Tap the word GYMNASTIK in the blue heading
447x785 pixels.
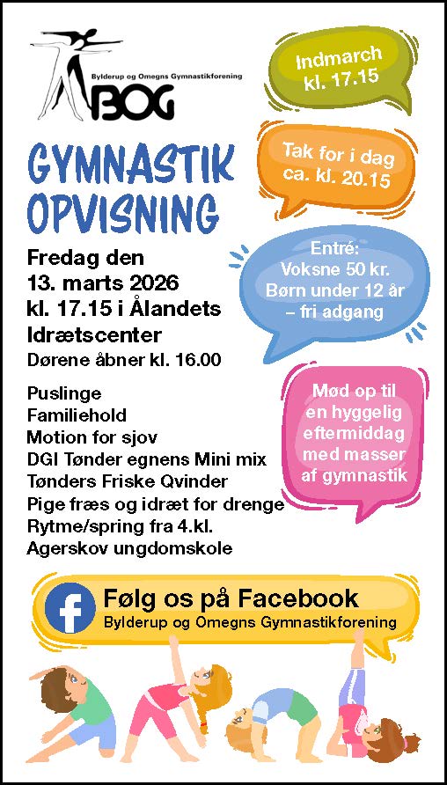coord(131,165)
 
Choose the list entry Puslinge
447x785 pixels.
coord(63,393)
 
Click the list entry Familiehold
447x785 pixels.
coord(77,415)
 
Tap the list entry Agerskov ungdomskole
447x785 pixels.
coord(129,548)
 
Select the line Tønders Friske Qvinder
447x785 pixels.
coord(128,481)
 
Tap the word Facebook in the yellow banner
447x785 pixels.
coord(303,599)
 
